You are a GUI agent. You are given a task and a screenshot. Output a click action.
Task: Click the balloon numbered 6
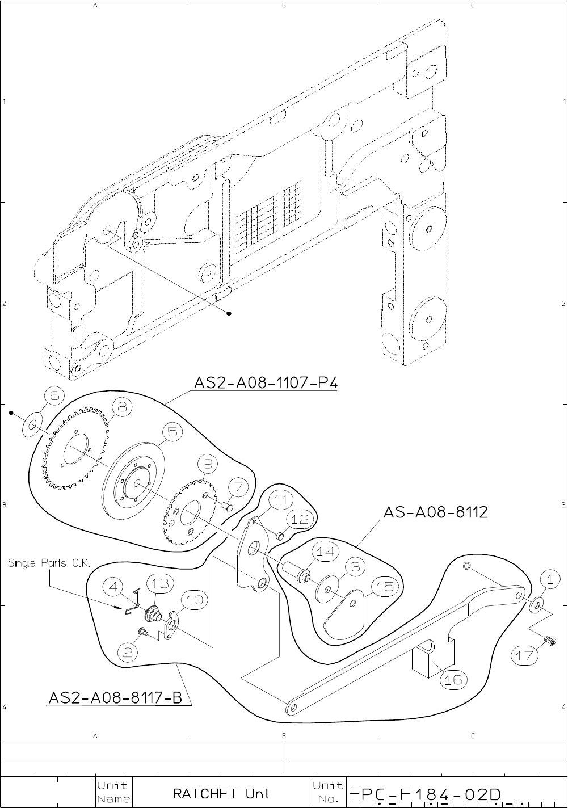(53, 397)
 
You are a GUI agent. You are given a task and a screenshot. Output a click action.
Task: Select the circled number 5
(172, 432)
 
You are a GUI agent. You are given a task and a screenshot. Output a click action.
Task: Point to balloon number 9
(207, 465)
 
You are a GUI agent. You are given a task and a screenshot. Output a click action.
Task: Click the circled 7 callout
(238, 487)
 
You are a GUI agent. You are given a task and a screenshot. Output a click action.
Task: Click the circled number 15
(384, 587)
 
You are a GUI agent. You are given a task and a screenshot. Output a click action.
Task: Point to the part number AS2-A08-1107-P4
(266, 384)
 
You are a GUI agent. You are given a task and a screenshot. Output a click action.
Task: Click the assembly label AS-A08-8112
(435, 512)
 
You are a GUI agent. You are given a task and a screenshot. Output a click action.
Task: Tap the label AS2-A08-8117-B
(115, 697)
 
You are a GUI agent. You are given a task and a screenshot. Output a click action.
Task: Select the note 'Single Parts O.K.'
(50, 563)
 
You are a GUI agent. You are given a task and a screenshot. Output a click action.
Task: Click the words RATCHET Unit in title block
(220, 793)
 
